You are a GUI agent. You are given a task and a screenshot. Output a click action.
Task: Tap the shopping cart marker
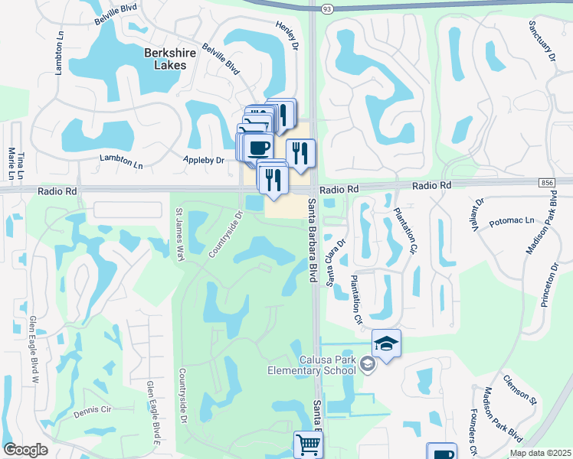pos(308,443)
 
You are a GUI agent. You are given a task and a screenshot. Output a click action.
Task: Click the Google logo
pos(25,449)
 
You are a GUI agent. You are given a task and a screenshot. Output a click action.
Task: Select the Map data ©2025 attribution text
pos(541,454)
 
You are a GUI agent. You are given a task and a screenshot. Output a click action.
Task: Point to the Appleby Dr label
pos(203,161)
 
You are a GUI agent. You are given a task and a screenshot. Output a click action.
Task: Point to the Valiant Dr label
pos(480,213)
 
